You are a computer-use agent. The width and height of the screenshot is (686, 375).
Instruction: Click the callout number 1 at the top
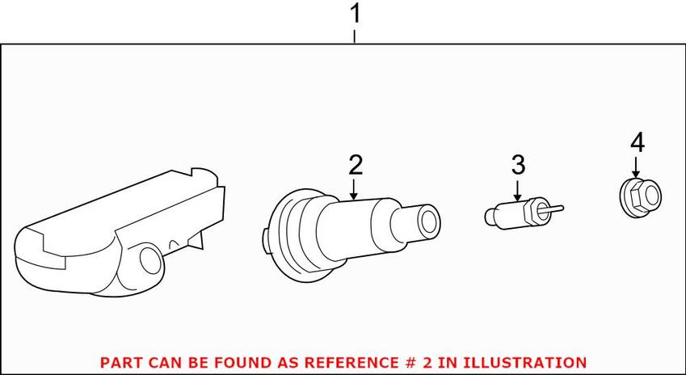pos(356,14)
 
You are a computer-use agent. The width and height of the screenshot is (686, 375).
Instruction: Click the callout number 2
pos(356,166)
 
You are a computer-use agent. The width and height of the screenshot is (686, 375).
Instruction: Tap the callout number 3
pos(518,166)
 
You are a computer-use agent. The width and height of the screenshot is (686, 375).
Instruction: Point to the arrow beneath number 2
pos(353,189)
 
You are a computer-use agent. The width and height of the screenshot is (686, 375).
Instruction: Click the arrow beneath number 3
pos(517,191)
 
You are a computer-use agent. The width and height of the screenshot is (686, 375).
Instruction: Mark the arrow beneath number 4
pos(636,169)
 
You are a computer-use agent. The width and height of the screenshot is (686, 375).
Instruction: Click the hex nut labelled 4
pos(641,198)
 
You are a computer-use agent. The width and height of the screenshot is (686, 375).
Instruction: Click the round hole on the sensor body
pos(150,260)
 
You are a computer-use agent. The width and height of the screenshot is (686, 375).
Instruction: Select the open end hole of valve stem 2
pos(430,219)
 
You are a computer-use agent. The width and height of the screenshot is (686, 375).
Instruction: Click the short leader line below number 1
pos(354,37)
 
